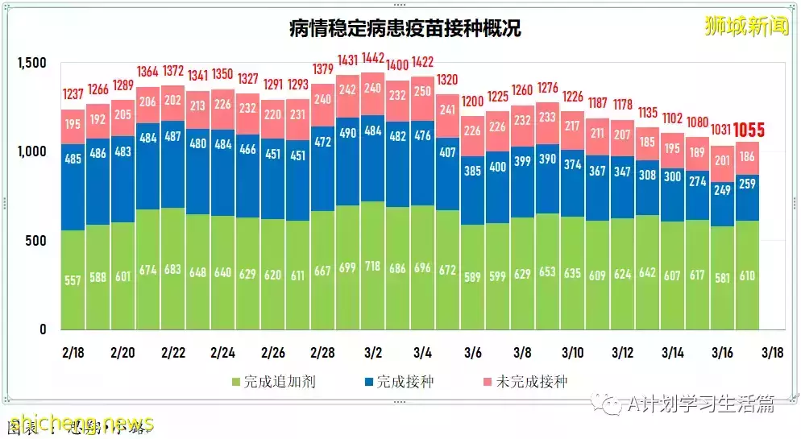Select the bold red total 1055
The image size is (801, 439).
click(x=749, y=130)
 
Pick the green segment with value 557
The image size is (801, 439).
click(x=73, y=280)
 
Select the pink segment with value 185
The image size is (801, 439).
click(x=647, y=143)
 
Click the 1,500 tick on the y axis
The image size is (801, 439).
click(x=32, y=63)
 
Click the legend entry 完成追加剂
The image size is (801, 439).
click(x=273, y=381)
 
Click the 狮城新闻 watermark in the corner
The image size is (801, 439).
click(x=745, y=26)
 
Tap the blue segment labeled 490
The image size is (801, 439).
click(x=347, y=134)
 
